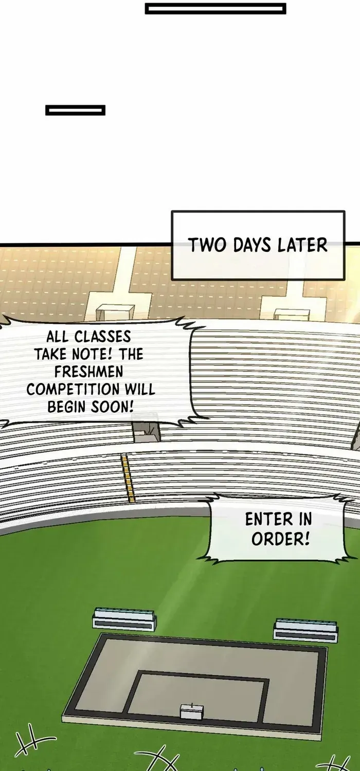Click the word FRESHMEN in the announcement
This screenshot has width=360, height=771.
click(x=88, y=372)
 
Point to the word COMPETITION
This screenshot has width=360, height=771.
click(x=72, y=389)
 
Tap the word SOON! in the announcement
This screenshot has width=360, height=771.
click(x=112, y=407)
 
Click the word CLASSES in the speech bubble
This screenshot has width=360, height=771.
click(x=103, y=337)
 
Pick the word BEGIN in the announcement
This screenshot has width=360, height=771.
click(x=66, y=407)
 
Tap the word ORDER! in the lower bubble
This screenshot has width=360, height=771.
click(x=280, y=539)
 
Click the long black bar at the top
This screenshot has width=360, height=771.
click(x=215, y=9)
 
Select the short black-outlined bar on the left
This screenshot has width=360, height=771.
click(x=76, y=110)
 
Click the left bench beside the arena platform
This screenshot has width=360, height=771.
click(x=124, y=619)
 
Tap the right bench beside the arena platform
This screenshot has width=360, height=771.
click(x=305, y=630)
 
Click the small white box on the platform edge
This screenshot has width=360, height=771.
click(x=192, y=711)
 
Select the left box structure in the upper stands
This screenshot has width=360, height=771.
click(x=115, y=313)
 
